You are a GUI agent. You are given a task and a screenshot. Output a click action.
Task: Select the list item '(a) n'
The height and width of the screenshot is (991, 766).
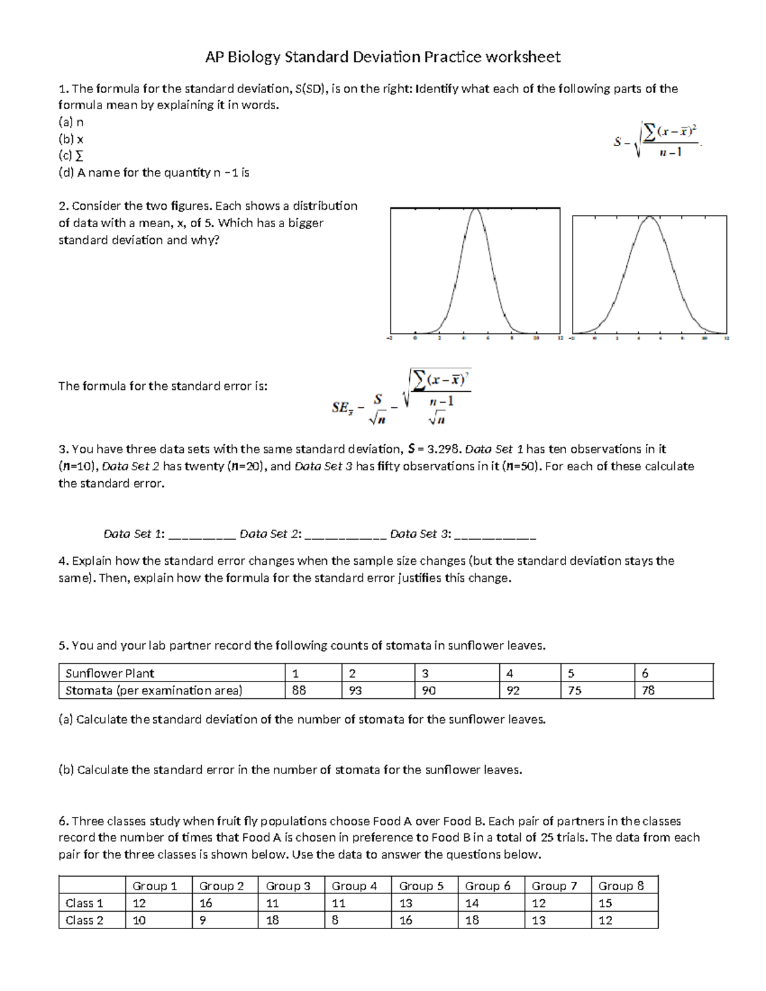(x=71, y=122)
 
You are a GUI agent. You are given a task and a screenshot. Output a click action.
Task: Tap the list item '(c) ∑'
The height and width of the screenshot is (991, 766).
(x=71, y=156)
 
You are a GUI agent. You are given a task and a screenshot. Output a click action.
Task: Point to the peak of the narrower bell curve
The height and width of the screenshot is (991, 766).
(x=475, y=211)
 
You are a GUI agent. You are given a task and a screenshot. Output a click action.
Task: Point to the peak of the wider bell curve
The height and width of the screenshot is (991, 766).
(x=649, y=219)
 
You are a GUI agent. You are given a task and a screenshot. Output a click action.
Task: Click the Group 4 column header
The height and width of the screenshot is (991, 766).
(x=354, y=886)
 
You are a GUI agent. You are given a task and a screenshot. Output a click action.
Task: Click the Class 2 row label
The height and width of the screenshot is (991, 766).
(x=84, y=920)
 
